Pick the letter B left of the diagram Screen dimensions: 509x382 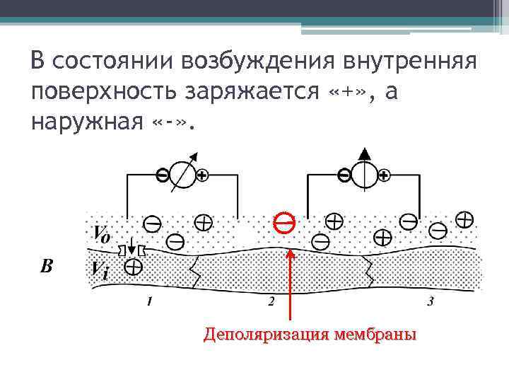point(47,267)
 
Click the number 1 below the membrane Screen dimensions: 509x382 point(148,302)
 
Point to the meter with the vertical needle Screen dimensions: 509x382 point(365,174)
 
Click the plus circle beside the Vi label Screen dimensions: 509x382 point(133,267)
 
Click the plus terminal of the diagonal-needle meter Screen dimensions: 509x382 point(203,175)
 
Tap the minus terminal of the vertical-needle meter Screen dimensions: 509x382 point(344,175)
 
